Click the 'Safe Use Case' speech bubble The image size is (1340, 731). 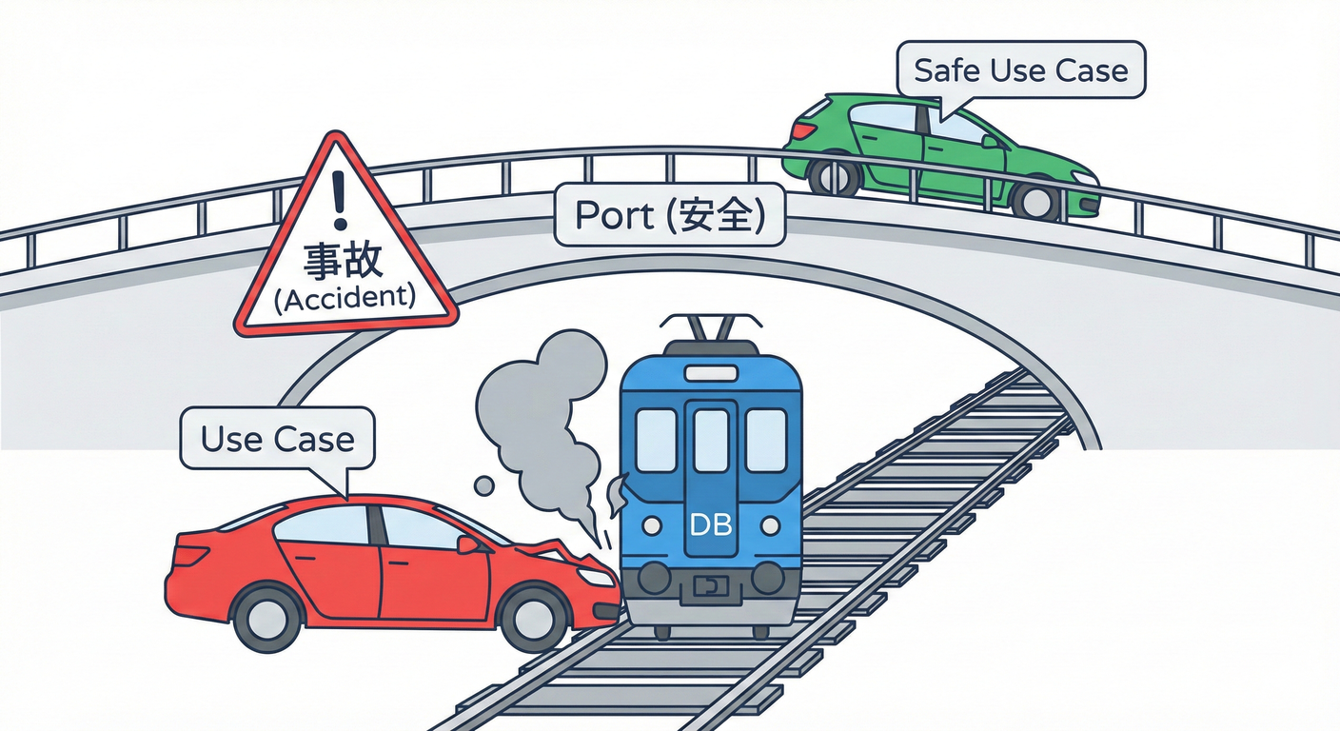[x=1020, y=70]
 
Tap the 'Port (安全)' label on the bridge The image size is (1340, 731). [x=670, y=217]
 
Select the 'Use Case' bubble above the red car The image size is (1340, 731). [x=277, y=439]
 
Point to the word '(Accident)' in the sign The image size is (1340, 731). [x=345, y=298]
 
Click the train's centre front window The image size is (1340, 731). [x=710, y=440]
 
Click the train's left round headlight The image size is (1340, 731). [x=652, y=525]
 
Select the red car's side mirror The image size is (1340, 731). [x=468, y=544]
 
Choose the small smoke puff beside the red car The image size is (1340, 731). [x=483, y=486]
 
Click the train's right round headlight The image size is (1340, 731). [x=770, y=525]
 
